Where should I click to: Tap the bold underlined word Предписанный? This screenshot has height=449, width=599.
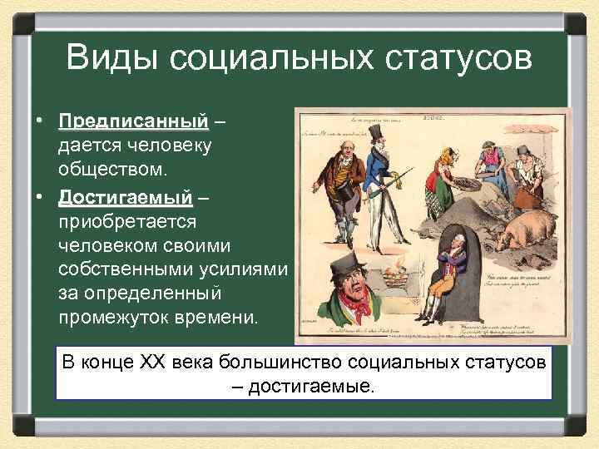(x=133, y=121)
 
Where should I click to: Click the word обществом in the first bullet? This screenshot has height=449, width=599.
(x=113, y=169)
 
